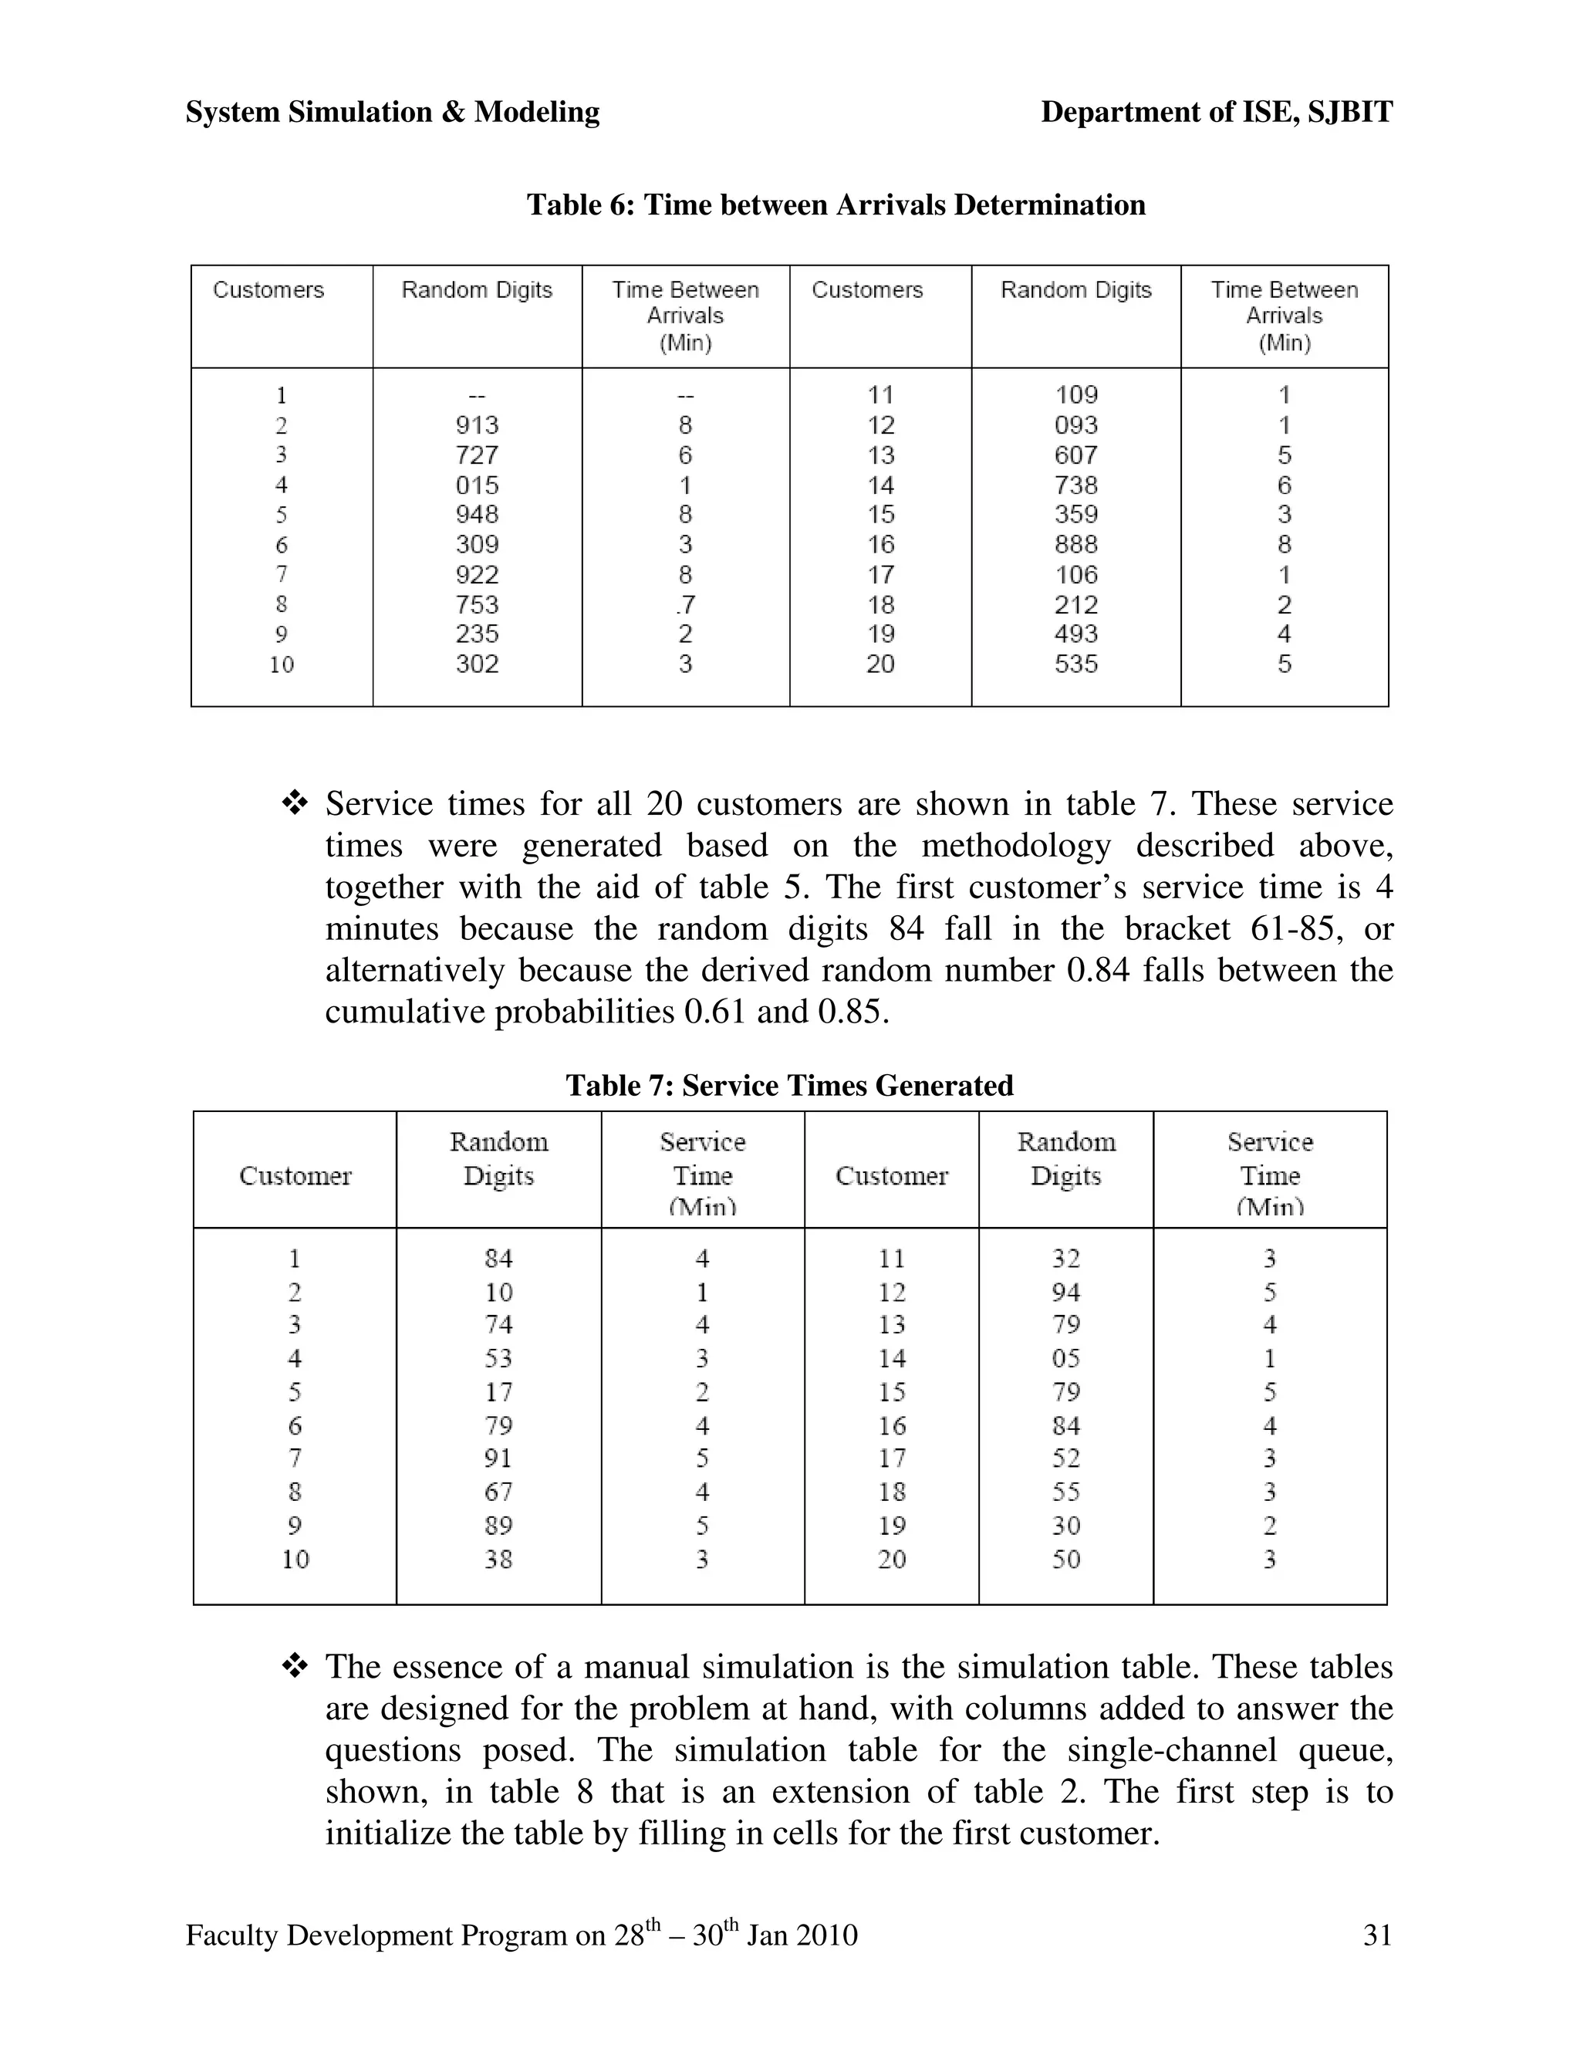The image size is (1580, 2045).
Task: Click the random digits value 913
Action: (477, 425)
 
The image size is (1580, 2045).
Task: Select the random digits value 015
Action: (477, 485)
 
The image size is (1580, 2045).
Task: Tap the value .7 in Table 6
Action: (684, 605)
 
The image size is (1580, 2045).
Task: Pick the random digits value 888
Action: (1075, 545)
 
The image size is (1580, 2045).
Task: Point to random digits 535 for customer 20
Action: (1075, 664)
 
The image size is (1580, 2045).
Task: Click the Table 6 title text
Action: (835, 204)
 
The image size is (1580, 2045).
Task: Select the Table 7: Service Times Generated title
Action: (789, 1085)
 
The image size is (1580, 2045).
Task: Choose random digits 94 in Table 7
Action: (1065, 1292)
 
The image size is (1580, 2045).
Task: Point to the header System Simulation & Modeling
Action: (392, 113)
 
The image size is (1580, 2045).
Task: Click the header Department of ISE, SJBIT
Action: (1216, 113)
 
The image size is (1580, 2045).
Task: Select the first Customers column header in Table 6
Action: (268, 290)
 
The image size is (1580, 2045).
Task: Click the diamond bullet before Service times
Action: (295, 803)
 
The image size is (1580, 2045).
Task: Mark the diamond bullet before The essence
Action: (295, 1667)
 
